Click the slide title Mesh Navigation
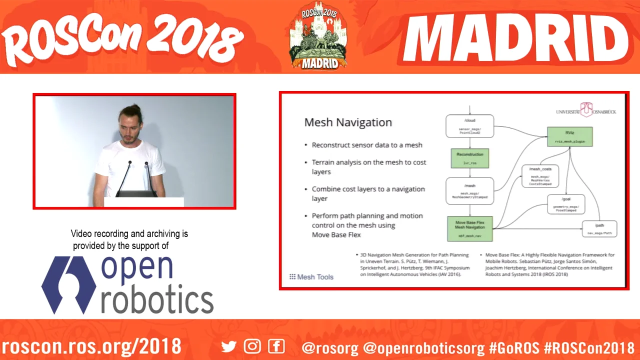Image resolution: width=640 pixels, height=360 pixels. coord(348,122)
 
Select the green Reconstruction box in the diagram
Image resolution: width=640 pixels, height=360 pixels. coord(469,158)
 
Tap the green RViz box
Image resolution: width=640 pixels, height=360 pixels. coord(569,136)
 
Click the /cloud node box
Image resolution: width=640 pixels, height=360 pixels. coord(469,126)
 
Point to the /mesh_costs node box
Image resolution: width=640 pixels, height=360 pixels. coord(540,176)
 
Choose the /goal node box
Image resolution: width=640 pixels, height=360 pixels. coord(566,204)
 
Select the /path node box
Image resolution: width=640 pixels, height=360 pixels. coord(599,229)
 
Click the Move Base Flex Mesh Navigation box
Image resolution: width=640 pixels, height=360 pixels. coord(469,229)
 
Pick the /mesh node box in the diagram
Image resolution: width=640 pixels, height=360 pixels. coord(469,190)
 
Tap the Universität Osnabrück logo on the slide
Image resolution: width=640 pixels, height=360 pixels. coord(585,110)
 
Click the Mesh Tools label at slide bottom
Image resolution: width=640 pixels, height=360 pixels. coord(311,277)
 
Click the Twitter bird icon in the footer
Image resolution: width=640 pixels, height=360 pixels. coord(229,346)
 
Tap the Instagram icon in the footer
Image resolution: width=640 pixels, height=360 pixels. coord(252,346)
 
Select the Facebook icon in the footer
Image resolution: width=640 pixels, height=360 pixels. coord(276,346)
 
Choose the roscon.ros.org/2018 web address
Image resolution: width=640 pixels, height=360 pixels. coord(91,346)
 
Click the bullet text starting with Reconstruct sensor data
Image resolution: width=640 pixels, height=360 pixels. coord(367,145)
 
